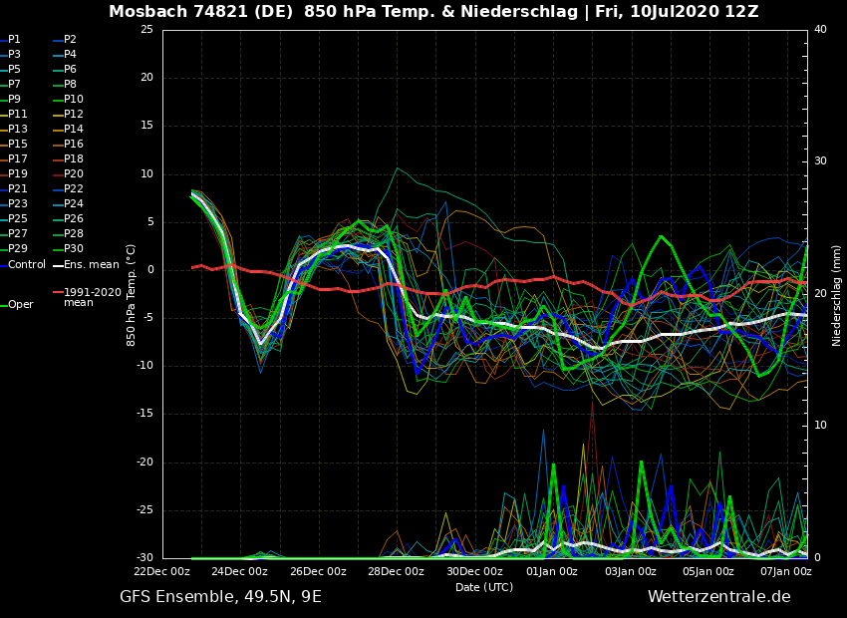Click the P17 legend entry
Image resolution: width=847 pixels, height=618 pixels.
point(18,159)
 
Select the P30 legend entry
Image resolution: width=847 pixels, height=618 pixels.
point(74,249)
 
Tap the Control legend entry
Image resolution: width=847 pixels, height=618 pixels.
point(26,265)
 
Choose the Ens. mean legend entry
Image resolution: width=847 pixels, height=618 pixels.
point(91,265)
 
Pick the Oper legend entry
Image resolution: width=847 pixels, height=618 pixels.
point(20,305)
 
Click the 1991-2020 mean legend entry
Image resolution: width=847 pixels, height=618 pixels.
point(92,297)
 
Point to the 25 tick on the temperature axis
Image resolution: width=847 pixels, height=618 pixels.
point(146,30)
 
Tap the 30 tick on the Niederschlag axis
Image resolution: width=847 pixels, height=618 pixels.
point(820,161)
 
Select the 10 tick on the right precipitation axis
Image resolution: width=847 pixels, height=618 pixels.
point(820,426)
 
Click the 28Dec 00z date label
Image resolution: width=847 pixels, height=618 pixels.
point(397,572)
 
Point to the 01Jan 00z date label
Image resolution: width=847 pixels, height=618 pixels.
point(552,572)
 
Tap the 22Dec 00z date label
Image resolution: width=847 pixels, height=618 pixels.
point(162,572)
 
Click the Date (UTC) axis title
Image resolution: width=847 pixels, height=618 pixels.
point(484,588)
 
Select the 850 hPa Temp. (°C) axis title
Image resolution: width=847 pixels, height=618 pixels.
point(132,294)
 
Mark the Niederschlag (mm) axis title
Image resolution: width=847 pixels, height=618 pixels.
point(837,295)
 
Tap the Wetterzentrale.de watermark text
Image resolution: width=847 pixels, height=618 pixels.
point(718,597)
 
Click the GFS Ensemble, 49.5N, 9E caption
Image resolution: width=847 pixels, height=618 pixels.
point(220,597)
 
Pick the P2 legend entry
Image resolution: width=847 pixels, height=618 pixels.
point(70,40)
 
